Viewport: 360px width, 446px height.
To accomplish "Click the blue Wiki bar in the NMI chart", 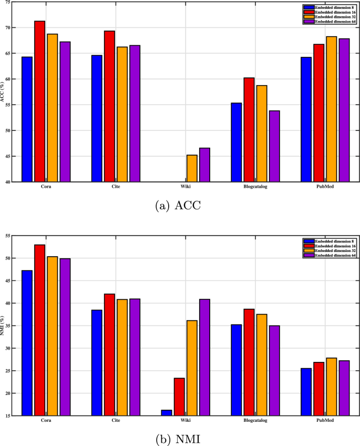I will [166, 413].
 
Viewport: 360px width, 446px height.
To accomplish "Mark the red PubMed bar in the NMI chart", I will [319, 389].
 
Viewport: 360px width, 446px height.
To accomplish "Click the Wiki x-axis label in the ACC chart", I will [185, 187].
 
